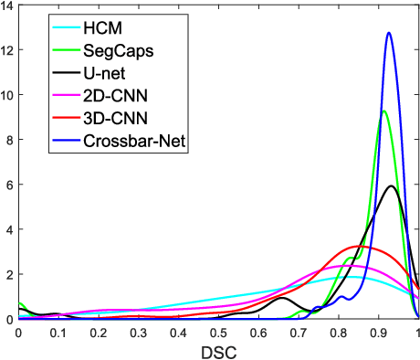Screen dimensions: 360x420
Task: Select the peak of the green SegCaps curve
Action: point(384,111)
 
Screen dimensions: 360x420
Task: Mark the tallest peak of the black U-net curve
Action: point(392,186)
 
